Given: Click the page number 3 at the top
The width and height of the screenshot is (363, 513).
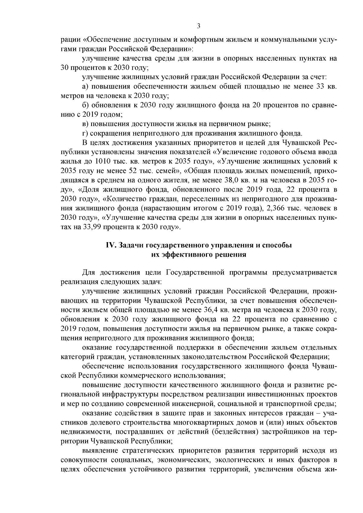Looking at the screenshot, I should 198,26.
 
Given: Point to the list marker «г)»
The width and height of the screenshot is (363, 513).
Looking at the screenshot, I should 85,133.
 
